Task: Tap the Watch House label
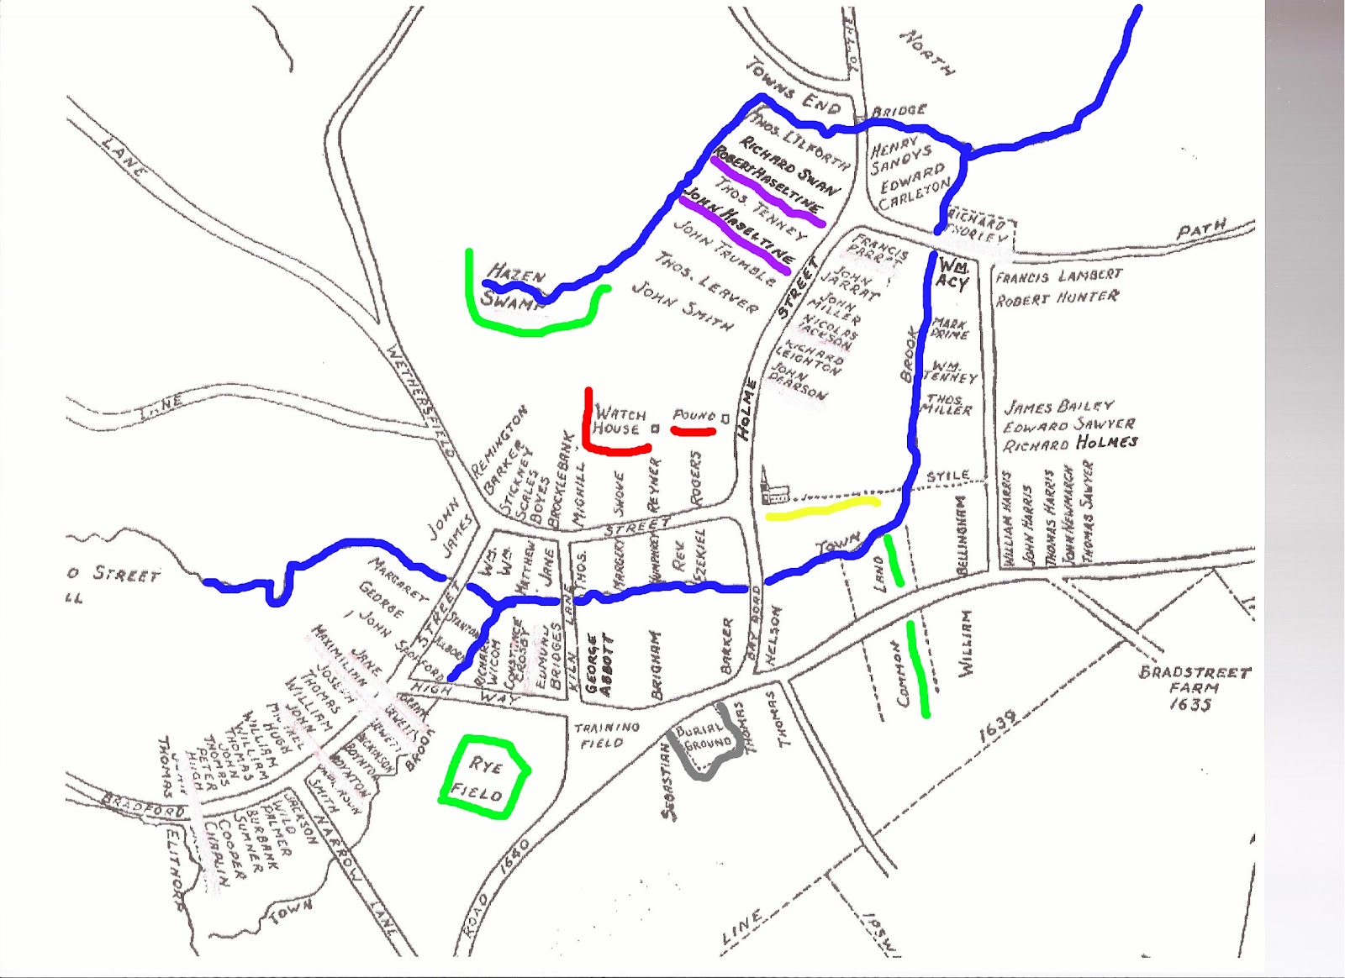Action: (x=620, y=421)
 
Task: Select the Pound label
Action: (x=694, y=416)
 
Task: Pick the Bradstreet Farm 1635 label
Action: (x=1194, y=688)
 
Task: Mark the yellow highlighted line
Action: (x=821, y=507)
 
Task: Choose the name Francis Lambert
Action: (x=1058, y=276)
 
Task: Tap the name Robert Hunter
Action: (x=1057, y=297)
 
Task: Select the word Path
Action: (x=1201, y=229)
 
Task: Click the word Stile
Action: (x=947, y=476)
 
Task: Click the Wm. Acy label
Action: (x=952, y=274)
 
